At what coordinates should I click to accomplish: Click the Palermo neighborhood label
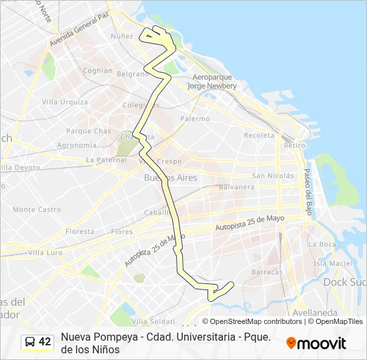(x=195, y=119)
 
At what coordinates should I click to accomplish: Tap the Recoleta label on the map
(x=259, y=135)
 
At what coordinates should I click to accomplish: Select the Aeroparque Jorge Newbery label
(x=212, y=81)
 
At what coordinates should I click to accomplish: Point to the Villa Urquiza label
(x=65, y=102)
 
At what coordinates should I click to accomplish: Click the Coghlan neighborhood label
(x=97, y=70)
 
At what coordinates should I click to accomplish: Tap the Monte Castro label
(x=37, y=209)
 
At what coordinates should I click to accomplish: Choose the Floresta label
(x=80, y=231)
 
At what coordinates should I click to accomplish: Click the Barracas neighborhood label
(x=268, y=272)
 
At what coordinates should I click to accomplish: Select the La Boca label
(x=323, y=244)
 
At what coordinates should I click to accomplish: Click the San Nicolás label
(x=272, y=176)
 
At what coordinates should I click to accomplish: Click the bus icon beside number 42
(x=30, y=342)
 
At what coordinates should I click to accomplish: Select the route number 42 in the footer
(x=45, y=342)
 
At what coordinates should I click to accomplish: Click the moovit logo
(x=316, y=343)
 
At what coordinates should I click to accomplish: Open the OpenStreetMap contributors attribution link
(x=256, y=321)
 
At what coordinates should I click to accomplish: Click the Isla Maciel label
(x=332, y=263)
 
